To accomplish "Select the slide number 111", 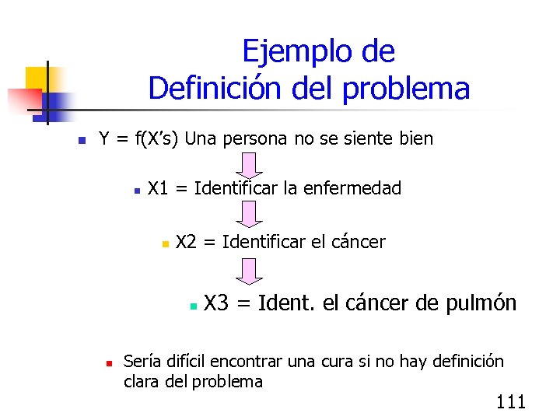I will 510,402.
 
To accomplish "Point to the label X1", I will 159,188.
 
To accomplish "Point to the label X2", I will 186,242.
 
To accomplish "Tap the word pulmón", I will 481,303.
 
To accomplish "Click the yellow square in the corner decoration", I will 37,78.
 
